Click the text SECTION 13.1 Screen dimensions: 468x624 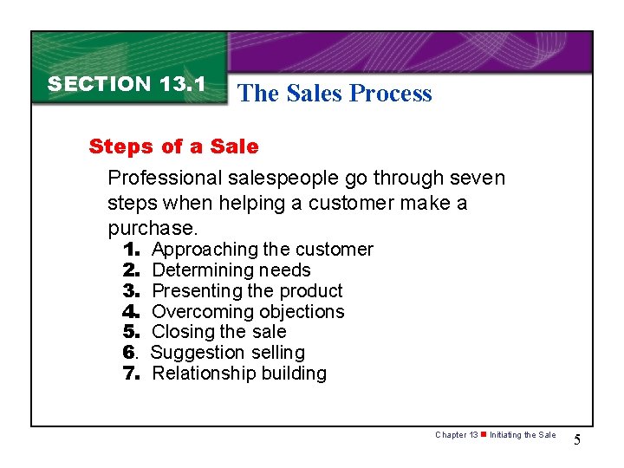coord(126,84)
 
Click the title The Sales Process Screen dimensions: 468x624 coord(334,94)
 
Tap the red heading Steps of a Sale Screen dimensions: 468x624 coord(173,146)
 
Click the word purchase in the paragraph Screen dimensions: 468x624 coord(152,229)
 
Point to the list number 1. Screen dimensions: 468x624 coord(133,250)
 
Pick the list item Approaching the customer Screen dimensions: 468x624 coord(262,250)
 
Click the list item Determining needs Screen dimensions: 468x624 coord(231,270)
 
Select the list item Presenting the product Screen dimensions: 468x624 coord(247,291)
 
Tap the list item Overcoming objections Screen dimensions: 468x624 coord(248,312)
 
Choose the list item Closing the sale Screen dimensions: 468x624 coord(218,332)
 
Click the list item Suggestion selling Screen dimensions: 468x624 coord(228,353)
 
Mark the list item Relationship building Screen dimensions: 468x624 coord(239,374)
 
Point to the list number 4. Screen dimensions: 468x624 coord(133,312)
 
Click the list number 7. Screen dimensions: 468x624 coord(133,374)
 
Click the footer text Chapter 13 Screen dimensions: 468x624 coord(457,435)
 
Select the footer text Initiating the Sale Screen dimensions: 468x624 coord(523,435)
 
